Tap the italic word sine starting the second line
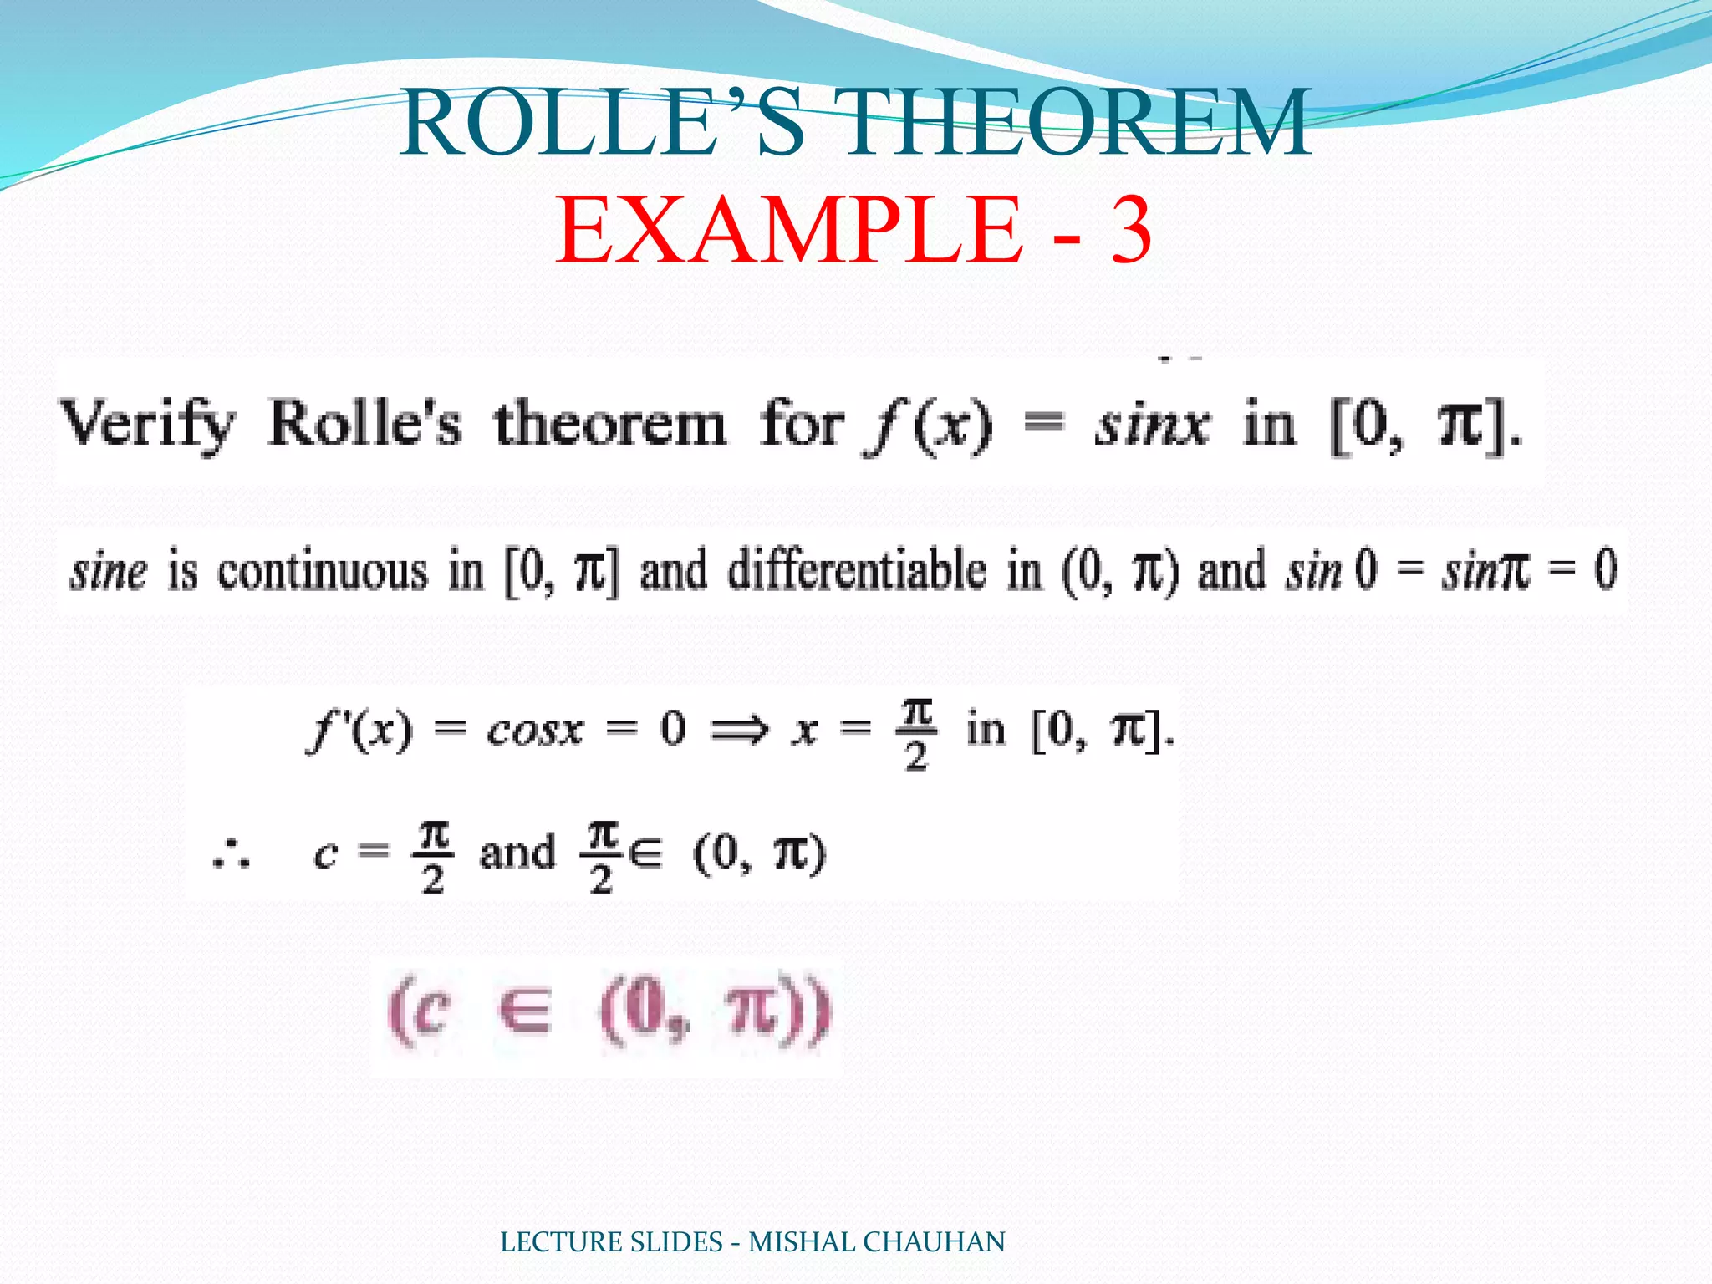tap(109, 573)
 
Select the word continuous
tap(323, 573)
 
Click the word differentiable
tap(857, 573)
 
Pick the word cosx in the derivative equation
tap(535, 731)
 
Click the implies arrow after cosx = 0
tap(738, 731)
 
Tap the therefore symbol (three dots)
tap(231, 855)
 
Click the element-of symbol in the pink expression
tap(524, 1011)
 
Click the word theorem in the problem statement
tap(610, 425)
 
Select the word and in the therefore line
tap(517, 853)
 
